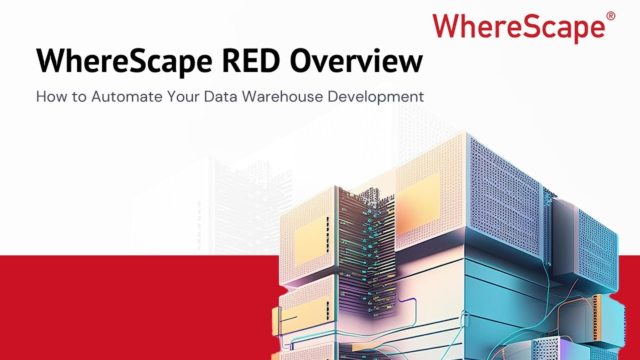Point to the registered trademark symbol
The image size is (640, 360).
click(x=610, y=16)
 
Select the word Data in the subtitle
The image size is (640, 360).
click(x=221, y=96)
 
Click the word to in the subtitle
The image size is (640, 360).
click(x=79, y=96)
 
